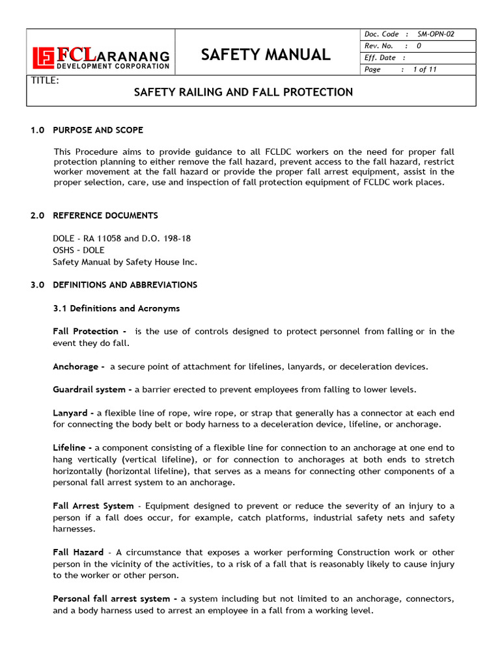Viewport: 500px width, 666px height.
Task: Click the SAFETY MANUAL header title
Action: pos(266,55)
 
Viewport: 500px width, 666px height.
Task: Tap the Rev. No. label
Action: pos(379,46)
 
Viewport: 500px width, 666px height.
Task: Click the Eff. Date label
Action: pos(380,58)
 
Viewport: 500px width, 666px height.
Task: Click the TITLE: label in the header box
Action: pos(45,81)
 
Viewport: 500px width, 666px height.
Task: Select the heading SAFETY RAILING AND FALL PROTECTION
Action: pos(243,92)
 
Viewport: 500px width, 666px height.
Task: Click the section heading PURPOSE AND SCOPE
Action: pos(98,130)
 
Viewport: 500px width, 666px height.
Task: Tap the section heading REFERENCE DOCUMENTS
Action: pos(105,215)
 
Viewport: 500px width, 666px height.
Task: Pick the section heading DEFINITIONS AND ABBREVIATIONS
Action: pos(124,285)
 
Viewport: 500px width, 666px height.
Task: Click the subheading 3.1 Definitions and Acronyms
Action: pos(116,308)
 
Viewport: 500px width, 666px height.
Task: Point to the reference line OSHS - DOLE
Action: pos(78,250)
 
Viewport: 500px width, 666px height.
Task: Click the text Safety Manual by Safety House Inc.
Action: pos(124,262)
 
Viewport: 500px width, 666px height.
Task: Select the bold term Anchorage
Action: pos(76,367)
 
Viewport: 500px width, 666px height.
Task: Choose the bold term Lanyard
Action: pos(71,413)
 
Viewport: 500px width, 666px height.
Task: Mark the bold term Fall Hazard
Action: pos(77,552)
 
